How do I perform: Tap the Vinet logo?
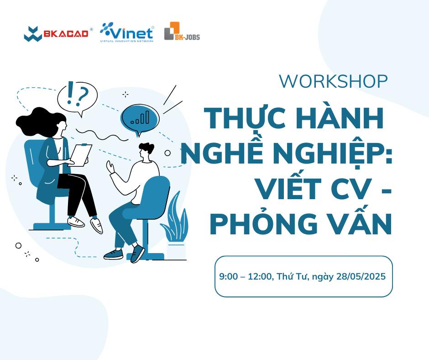[x=127, y=32]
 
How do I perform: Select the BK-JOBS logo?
[x=182, y=31]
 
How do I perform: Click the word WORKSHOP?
[x=333, y=81]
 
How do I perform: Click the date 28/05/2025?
[x=361, y=276]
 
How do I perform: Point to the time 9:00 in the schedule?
[x=229, y=276]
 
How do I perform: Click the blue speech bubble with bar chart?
[x=140, y=118]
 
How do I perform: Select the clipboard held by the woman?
[x=80, y=155]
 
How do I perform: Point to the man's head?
[x=145, y=152]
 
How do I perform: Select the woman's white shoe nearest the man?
[x=96, y=225]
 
